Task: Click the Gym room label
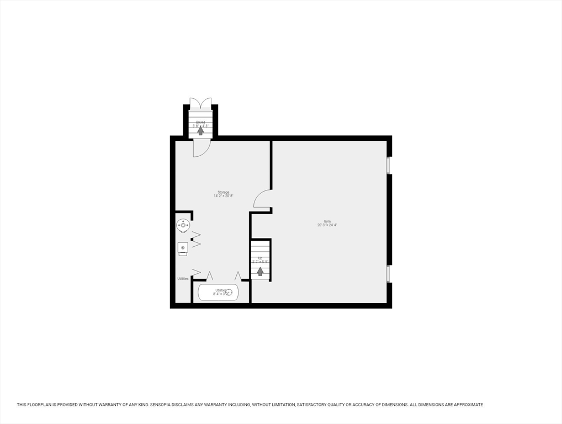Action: tap(327, 221)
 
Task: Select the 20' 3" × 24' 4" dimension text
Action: tap(327, 225)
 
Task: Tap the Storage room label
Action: tap(223, 192)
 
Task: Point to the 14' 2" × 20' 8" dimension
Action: tap(223, 196)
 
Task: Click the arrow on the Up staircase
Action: tap(260, 272)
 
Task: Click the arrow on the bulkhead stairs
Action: tap(200, 131)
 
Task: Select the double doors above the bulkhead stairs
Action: tap(200, 103)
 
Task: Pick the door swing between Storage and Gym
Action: tap(263, 199)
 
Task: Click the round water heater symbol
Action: tap(183, 225)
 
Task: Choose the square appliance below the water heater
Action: tap(183, 248)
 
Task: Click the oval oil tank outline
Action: tap(218, 292)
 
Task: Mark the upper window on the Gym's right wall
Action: tap(389, 165)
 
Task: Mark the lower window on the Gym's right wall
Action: tap(389, 274)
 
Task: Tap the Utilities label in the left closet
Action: tap(183, 279)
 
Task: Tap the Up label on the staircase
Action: tap(260, 258)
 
